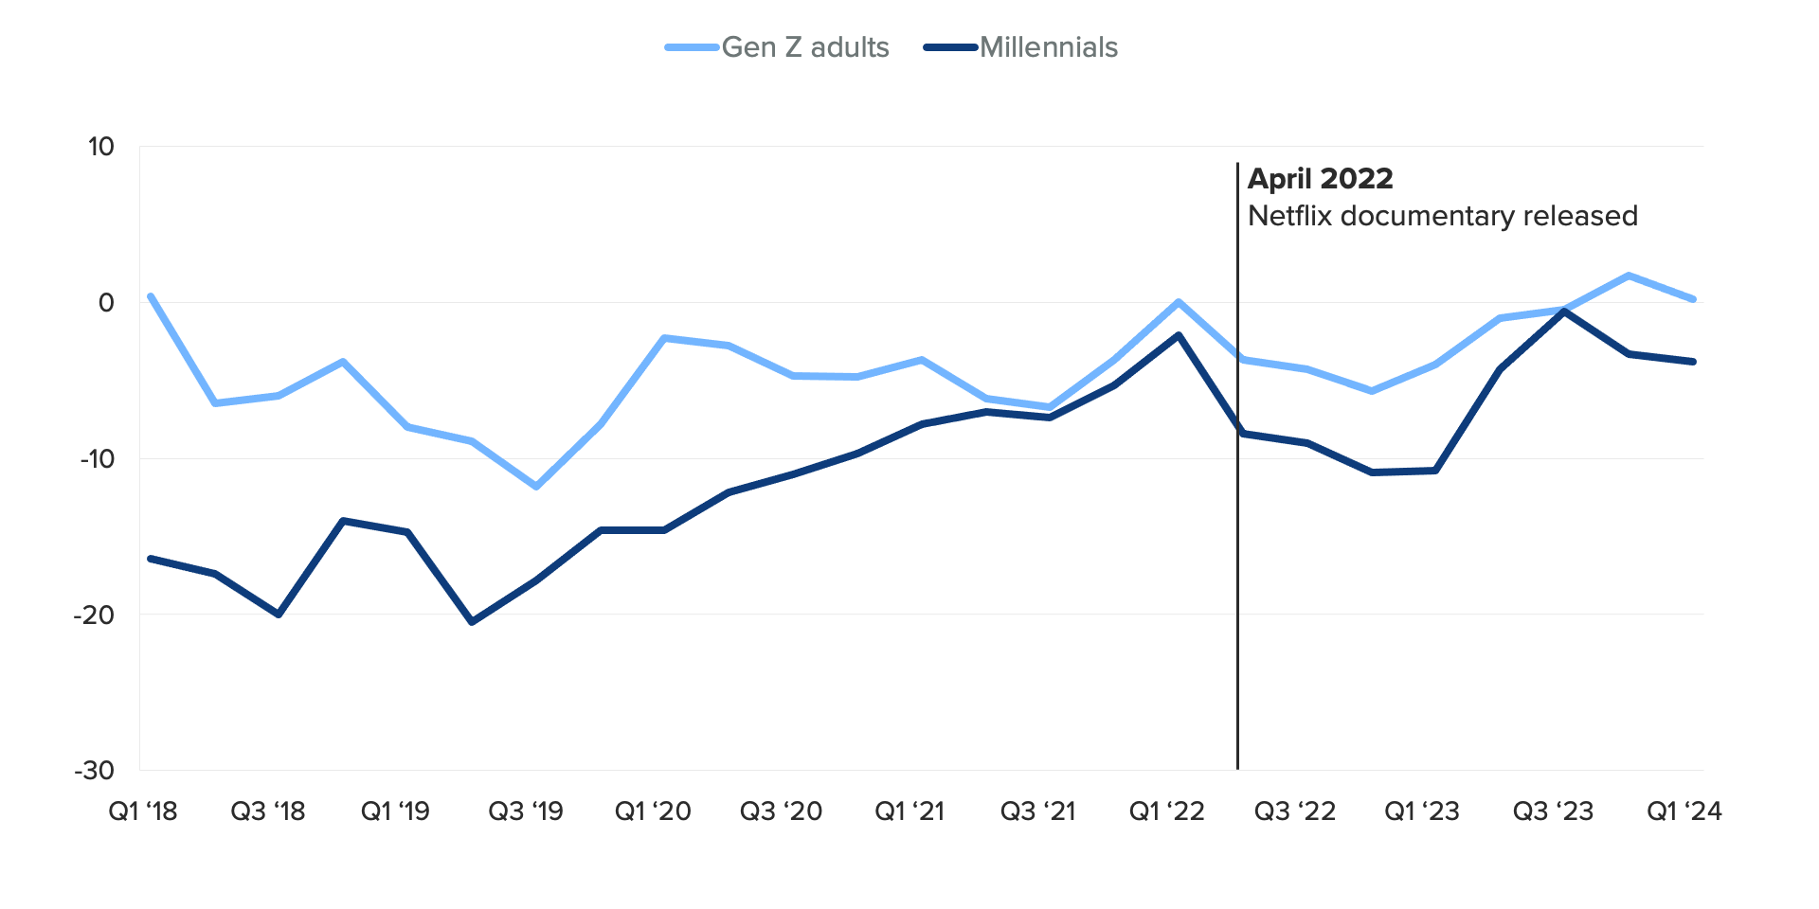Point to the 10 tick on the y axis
click(101, 147)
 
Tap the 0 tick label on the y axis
click(106, 303)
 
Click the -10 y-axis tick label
click(97, 459)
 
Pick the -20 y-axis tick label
click(95, 615)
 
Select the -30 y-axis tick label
click(95, 771)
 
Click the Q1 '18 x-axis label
click(143, 811)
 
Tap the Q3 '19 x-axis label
click(526, 811)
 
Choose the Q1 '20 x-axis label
click(654, 811)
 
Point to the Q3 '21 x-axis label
click(1038, 811)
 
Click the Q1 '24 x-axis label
click(1684, 811)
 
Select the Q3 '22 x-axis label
click(1295, 811)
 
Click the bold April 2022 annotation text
click(1321, 179)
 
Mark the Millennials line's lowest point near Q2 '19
click(472, 622)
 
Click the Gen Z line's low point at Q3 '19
click(536, 487)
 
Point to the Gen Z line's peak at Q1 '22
click(1179, 302)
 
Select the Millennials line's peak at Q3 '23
click(1564, 311)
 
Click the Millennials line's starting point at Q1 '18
click(151, 559)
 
